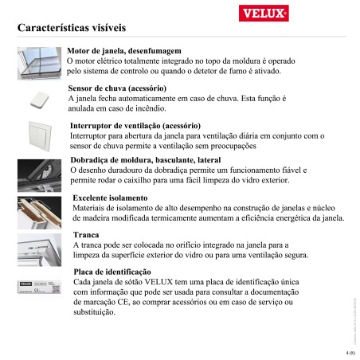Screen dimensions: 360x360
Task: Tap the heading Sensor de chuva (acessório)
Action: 117,88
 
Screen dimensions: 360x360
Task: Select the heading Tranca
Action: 85,236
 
